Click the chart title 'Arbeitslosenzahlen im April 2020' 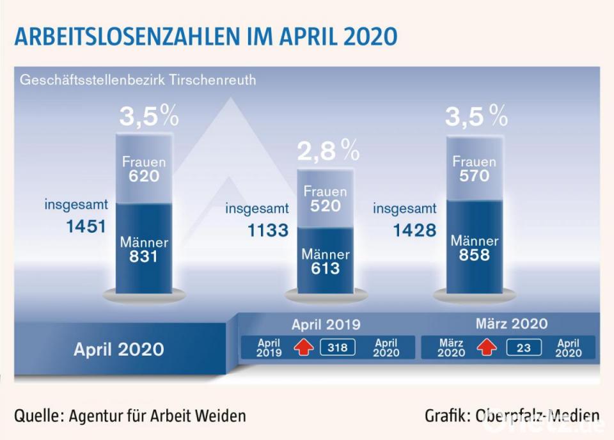[206, 36]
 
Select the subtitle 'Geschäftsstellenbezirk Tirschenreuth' [138, 81]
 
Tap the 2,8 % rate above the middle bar [328, 152]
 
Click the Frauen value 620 [143, 177]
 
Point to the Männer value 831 [143, 257]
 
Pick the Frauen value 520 [325, 206]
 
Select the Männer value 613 [326, 269]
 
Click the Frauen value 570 [474, 176]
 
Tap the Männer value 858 [474, 255]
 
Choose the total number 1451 [84, 226]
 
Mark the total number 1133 [267, 230]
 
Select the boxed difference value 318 [338, 347]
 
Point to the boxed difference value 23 [524, 347]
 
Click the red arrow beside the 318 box [303, 347]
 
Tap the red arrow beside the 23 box [487, 347]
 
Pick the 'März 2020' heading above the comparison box [512, 324]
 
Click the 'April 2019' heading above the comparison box [326, 324]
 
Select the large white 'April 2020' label [119, 349]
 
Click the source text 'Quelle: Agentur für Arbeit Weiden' [130, 416]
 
